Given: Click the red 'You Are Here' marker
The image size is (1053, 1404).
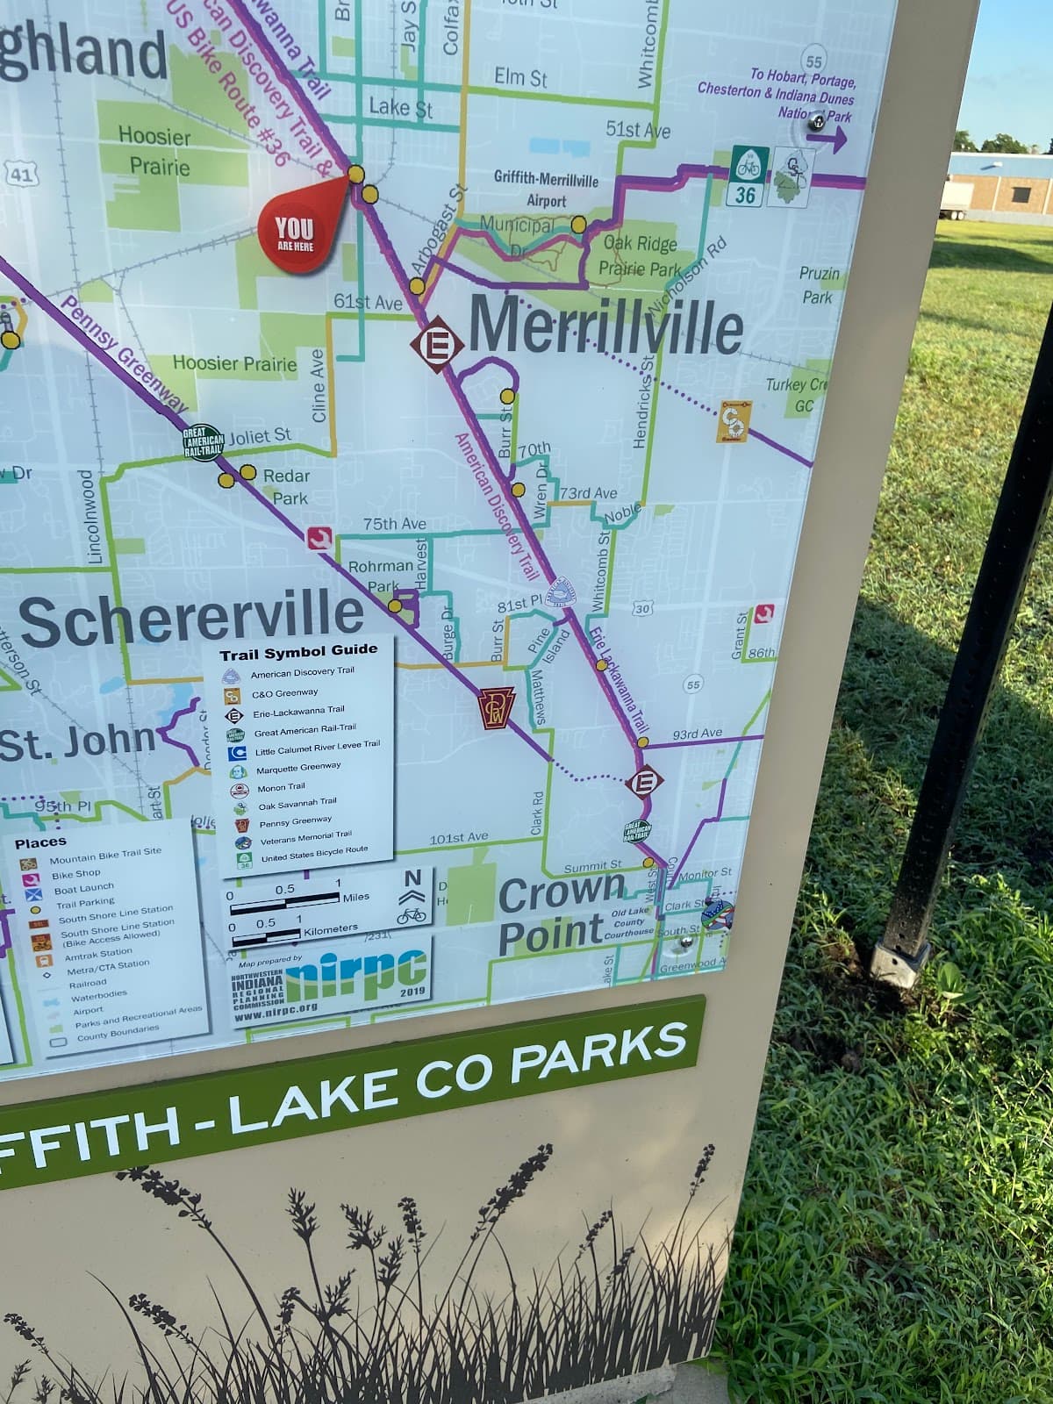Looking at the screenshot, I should point(296,232).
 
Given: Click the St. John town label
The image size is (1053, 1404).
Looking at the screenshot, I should point(77,740).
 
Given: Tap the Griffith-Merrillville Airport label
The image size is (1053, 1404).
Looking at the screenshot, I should point(546,190).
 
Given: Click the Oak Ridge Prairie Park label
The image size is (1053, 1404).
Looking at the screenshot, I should point(640,256).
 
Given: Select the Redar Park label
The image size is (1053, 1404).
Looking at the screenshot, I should point(287,487).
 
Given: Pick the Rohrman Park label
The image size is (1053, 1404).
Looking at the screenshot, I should point(381,576).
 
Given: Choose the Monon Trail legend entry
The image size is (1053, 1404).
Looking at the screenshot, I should point(280,787).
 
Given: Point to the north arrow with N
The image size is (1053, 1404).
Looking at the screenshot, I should point(412,887).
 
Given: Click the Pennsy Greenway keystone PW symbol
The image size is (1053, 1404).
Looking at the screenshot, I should point(495,709).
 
